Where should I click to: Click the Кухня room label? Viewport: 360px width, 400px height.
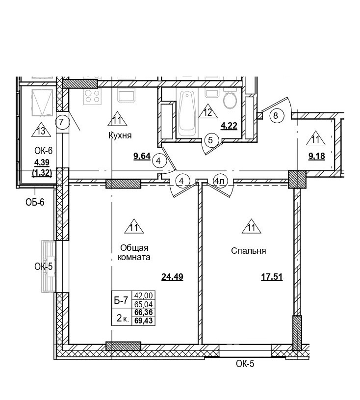click(120, 135)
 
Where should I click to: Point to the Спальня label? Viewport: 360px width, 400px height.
click(248, 251)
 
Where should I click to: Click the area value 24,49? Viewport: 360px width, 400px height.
click(172, 277)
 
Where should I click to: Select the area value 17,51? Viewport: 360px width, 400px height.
click(272, 277)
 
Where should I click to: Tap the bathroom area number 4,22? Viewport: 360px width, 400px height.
click(229, 126)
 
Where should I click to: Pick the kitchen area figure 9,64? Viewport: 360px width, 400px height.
click(142, 156)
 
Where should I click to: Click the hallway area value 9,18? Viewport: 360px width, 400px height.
click(317, 156)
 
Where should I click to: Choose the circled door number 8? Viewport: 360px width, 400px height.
click(275, 115)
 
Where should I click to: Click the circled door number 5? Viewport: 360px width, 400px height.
click(210, 140)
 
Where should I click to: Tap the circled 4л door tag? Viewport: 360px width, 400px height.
click(219, 182)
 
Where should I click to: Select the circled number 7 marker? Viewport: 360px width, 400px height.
click(61, 122)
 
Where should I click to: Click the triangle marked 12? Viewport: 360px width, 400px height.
click(208, 112)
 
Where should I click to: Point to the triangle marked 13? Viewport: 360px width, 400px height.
click(41, 131)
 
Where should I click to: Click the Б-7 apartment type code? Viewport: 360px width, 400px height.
click(121, 300)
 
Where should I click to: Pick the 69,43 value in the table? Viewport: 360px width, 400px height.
click(144, 320)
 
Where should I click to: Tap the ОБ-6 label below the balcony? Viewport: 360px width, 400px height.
click(35, 202)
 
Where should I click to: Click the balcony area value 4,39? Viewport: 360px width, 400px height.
click(42, 162)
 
